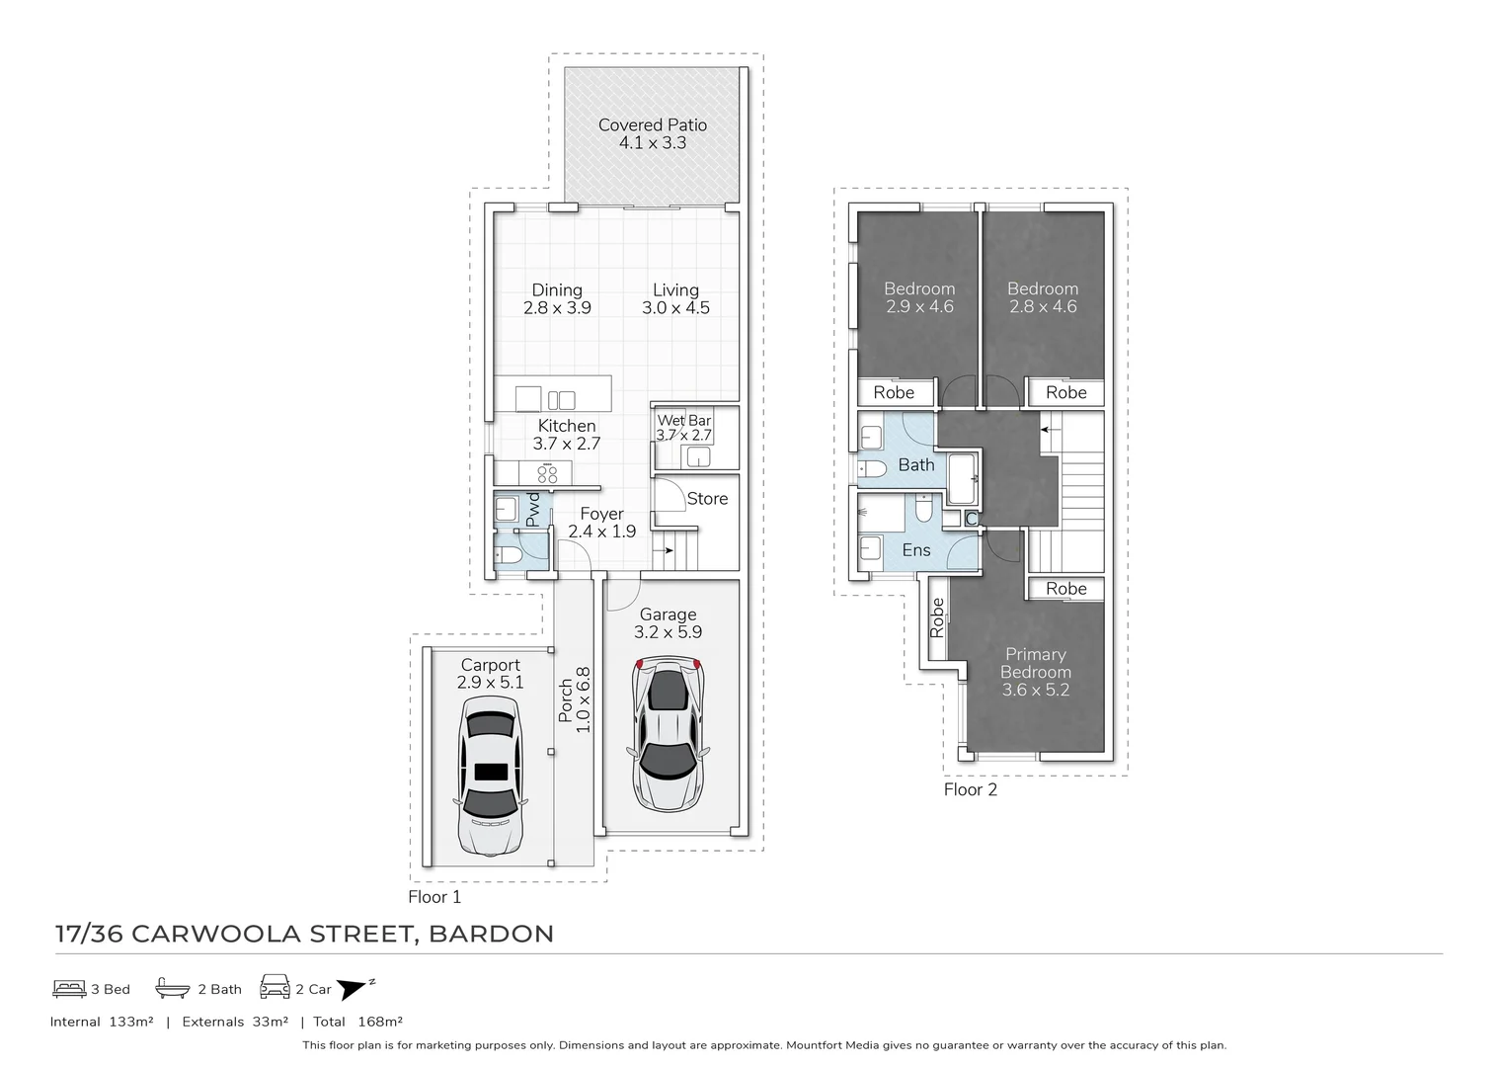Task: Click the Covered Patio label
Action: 653,133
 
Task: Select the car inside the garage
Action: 668,734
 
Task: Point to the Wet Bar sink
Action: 698,456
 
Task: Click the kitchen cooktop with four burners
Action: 547,473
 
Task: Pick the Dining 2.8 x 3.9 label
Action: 557,298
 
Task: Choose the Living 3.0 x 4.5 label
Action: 675,298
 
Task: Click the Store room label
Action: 707,499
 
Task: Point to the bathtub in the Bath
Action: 963,479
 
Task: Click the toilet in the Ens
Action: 923,509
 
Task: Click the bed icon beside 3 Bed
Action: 69,989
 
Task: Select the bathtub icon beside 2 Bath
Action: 173,988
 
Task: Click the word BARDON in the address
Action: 491,934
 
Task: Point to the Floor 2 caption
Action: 971,789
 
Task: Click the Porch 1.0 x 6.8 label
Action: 574,699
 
